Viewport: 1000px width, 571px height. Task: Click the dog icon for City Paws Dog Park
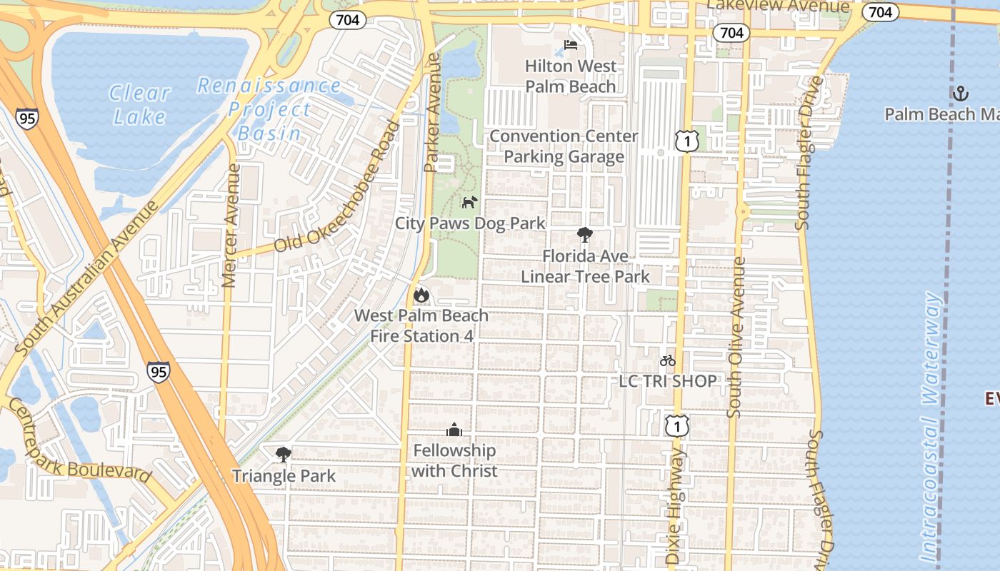pos(469,203)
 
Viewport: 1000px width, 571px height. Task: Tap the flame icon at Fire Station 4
pos(421,294)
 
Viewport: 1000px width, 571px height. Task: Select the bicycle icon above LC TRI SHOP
pos(668,360)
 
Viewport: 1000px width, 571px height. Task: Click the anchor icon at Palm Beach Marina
pos(961,93)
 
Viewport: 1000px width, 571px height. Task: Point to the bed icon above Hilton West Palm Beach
pos(571,45)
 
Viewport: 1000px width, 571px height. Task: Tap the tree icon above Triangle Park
pos(284,454)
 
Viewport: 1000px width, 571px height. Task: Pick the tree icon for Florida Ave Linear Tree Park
pos(585,235)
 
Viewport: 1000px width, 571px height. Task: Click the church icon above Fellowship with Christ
pos(454,430)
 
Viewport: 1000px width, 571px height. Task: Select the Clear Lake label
pos(140,104)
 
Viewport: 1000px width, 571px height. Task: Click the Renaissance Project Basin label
pos(269,109)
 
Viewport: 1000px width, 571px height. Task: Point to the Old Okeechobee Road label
pos(337,187)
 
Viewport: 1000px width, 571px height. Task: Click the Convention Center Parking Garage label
pos(564,146)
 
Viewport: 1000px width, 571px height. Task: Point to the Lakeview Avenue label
pos(778,6)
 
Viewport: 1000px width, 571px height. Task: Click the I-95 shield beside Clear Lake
pos(26,118)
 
